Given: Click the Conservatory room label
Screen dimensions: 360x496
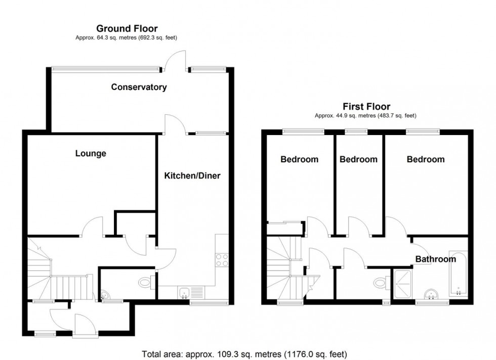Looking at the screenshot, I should click(139, 87).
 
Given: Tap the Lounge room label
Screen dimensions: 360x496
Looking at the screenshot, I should click(91, 153).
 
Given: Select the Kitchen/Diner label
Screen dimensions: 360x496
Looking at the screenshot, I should click(192, 176).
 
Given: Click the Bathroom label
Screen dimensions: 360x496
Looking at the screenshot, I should click(435, 259).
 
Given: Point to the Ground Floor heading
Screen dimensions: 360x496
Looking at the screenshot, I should click(127, 28).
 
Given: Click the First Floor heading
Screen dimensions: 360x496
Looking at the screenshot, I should click(366, 107).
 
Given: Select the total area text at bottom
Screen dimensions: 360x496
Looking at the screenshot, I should click(243, 354).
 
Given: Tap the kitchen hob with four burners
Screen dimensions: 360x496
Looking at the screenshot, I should click(222, 260).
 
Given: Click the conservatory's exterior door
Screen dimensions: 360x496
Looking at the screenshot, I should click(177, 60).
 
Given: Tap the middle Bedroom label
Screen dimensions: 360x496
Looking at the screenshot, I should click(358, 159).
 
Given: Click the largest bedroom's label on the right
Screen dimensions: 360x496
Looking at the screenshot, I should click(426, 159).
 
